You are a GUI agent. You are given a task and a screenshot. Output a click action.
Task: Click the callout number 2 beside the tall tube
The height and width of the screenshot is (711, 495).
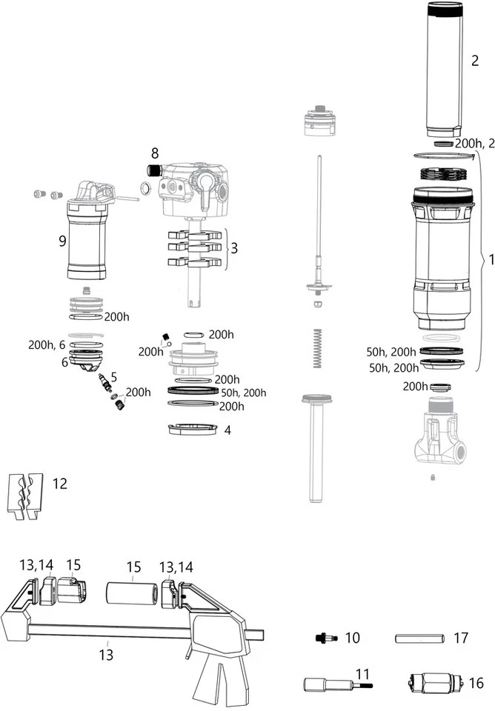pos(475,61)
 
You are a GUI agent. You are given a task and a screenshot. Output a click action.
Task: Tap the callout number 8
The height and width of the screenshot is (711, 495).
pos(154,154)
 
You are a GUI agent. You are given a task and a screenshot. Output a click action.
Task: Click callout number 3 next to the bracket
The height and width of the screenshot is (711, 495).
pos(234,247)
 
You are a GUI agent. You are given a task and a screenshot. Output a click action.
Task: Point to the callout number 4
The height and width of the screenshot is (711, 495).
pos(227,430)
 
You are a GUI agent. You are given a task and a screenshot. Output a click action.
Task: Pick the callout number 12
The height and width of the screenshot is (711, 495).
pos(60,484)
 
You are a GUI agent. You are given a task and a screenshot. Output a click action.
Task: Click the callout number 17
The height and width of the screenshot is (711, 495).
pos(461,637)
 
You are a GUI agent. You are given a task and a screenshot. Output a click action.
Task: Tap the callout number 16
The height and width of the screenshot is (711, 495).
pos(476,682)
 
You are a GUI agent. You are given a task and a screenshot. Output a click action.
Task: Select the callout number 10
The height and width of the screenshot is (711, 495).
pos(352,638)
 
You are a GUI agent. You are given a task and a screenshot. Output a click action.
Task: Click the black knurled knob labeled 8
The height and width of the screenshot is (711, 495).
pos(153,170)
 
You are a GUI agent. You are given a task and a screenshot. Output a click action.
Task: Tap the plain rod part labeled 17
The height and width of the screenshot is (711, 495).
pos(419,638)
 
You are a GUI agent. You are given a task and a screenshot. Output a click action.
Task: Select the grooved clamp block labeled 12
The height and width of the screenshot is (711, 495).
pos(25,495)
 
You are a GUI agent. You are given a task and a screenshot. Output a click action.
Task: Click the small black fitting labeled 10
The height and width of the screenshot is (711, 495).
pos(325,638)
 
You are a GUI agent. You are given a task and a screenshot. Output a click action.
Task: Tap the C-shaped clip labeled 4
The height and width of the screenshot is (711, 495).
pos(193,430)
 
